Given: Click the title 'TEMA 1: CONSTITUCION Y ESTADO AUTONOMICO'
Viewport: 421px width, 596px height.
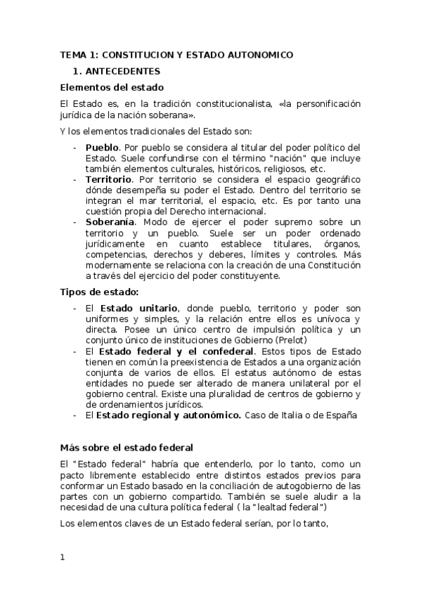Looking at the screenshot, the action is click(x=176, y=55).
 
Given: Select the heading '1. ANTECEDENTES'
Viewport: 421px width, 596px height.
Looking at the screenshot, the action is click(x=117, y=71).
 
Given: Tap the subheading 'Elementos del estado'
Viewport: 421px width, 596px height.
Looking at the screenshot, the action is click(x=112, y=88).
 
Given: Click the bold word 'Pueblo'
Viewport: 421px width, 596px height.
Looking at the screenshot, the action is click(x=102, y=147).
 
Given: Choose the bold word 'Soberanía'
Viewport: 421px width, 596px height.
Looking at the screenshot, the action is click(x=110, y=222).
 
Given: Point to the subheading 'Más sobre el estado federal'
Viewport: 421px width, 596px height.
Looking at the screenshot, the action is click(x=127, y=448).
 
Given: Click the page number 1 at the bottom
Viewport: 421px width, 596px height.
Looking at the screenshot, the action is click(x=63, y=557).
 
